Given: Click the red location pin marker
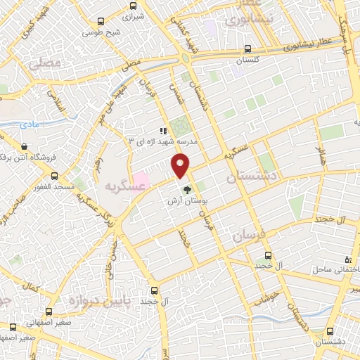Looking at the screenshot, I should click(181, 165).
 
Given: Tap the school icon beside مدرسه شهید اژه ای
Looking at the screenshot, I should click(163, 130).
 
